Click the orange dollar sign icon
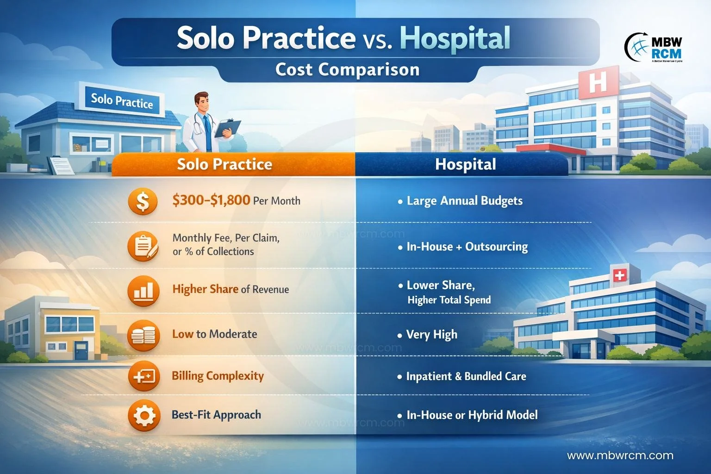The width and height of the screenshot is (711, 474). pos(143,201)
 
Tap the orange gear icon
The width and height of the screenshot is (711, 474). pos(144,415)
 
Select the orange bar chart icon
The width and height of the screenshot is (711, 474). pos(143,291)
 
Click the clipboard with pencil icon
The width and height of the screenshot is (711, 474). pos(143,246)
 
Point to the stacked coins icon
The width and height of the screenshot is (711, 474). pos(143,335)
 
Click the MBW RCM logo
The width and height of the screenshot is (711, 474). pos(654,47)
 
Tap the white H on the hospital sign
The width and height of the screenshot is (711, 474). pos(598,82)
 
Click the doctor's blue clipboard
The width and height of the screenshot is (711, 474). pos(228,128)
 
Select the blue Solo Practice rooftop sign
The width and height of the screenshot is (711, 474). pos(122,100)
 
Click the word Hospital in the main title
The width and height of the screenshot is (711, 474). pos(455,38)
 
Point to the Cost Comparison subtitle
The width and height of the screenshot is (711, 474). pos(347,69)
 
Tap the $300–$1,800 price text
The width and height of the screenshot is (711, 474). pos(211,200)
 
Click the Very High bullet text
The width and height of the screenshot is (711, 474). pos(432,335)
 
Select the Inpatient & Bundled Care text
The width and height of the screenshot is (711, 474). pos(466,376)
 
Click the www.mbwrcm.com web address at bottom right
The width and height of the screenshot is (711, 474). pos(620,455)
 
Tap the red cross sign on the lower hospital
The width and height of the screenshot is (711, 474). pos(620,275)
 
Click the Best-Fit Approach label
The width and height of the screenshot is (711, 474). pos(216,415)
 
